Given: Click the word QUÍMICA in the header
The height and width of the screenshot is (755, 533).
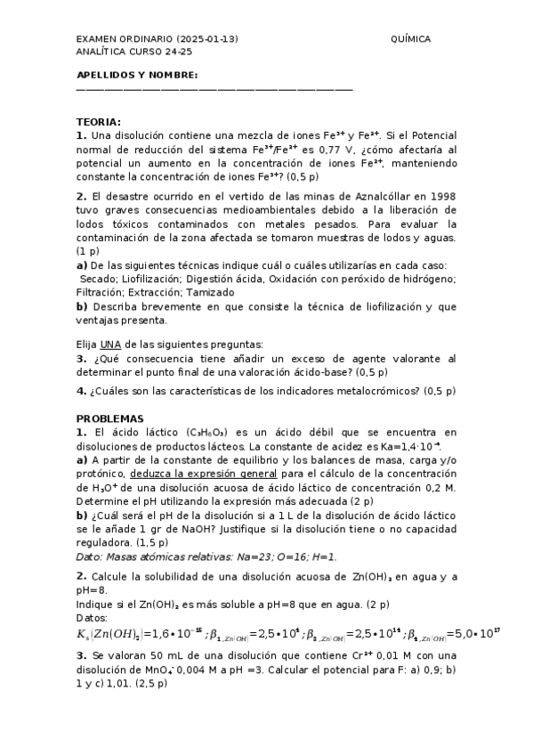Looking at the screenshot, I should (x=410, y=39).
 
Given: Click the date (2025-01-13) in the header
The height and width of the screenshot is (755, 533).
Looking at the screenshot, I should (x=207, y=39).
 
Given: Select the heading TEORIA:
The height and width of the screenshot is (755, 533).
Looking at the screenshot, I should (x=99, y=121).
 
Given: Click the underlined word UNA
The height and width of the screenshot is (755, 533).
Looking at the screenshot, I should (x=110, y=344).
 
